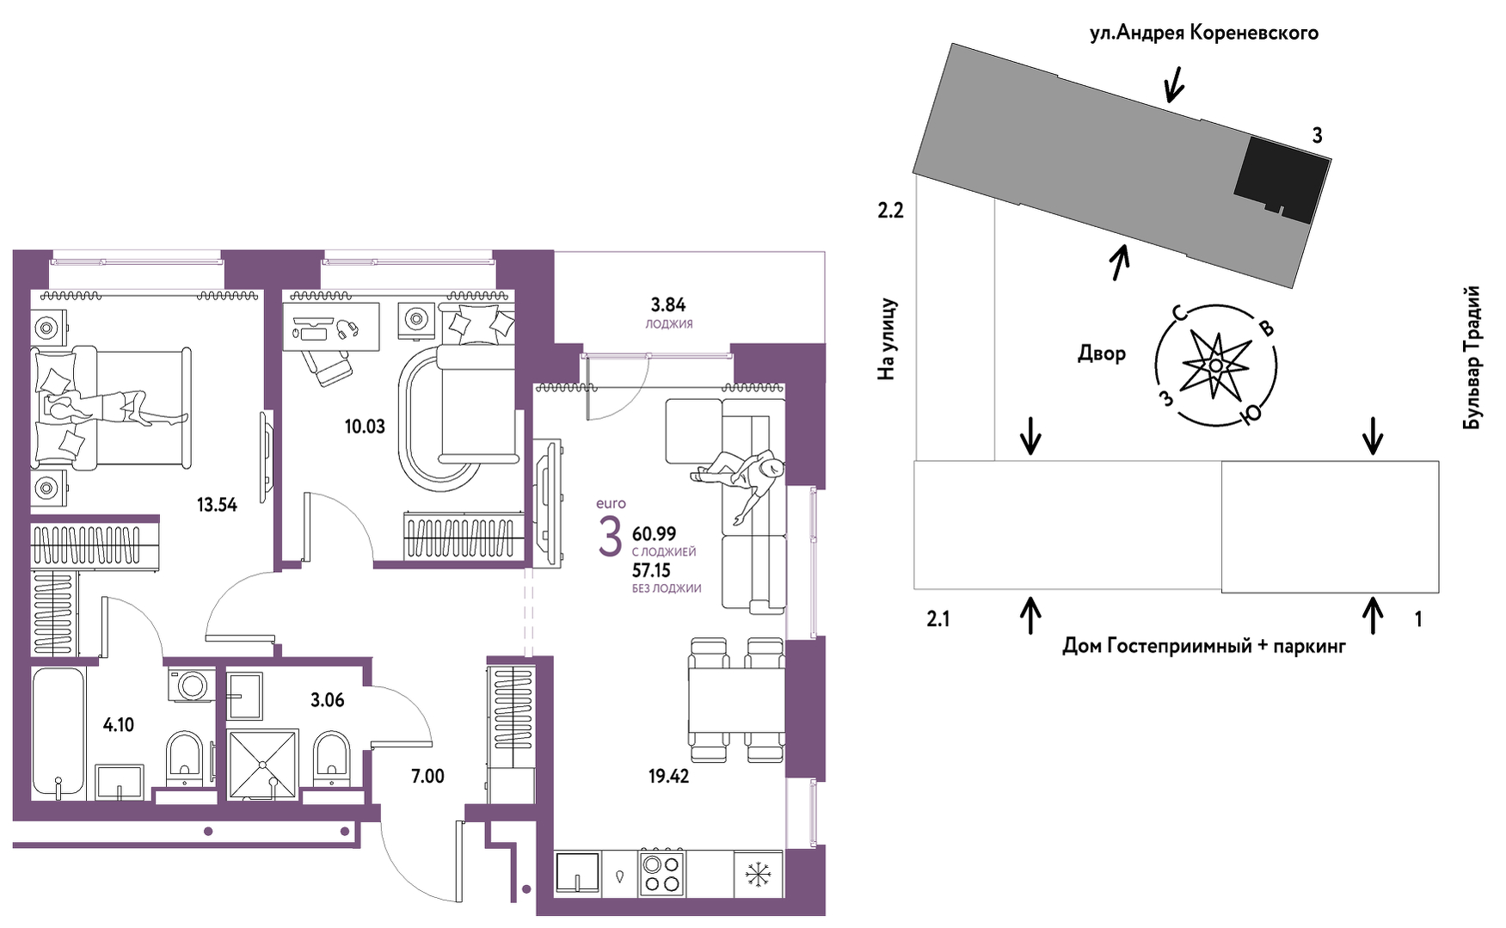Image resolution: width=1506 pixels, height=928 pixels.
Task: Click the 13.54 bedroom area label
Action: [217, 505]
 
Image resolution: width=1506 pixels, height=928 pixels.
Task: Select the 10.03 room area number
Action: [365, 427]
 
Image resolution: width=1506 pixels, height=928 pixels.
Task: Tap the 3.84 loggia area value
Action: [668, 304]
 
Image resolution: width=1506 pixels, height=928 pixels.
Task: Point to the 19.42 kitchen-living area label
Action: [668, 777]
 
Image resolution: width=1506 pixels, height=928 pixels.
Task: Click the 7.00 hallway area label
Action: [427, 777]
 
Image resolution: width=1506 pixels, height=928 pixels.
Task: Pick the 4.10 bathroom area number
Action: [119, 725]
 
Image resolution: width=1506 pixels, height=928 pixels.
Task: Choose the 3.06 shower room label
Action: [328, 700]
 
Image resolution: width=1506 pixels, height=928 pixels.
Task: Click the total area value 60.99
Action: [655, 534]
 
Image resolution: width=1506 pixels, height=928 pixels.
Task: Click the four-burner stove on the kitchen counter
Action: [662, 873]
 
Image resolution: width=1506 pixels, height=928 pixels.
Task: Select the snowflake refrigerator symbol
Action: [758, 875]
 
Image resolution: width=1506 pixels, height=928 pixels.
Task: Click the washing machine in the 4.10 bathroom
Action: [190, 685]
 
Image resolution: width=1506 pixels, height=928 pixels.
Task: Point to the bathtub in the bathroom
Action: [58, 731]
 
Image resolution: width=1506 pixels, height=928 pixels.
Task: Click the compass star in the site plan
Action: [1214, 366]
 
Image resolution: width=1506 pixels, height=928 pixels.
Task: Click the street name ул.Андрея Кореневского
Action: [1204, 34]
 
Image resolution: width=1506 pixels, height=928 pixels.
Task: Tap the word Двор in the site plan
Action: [1102, 353]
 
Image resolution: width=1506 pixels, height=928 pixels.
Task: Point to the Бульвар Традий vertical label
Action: [1472, 358]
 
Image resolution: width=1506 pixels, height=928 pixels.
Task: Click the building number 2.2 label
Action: [890, 210]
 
